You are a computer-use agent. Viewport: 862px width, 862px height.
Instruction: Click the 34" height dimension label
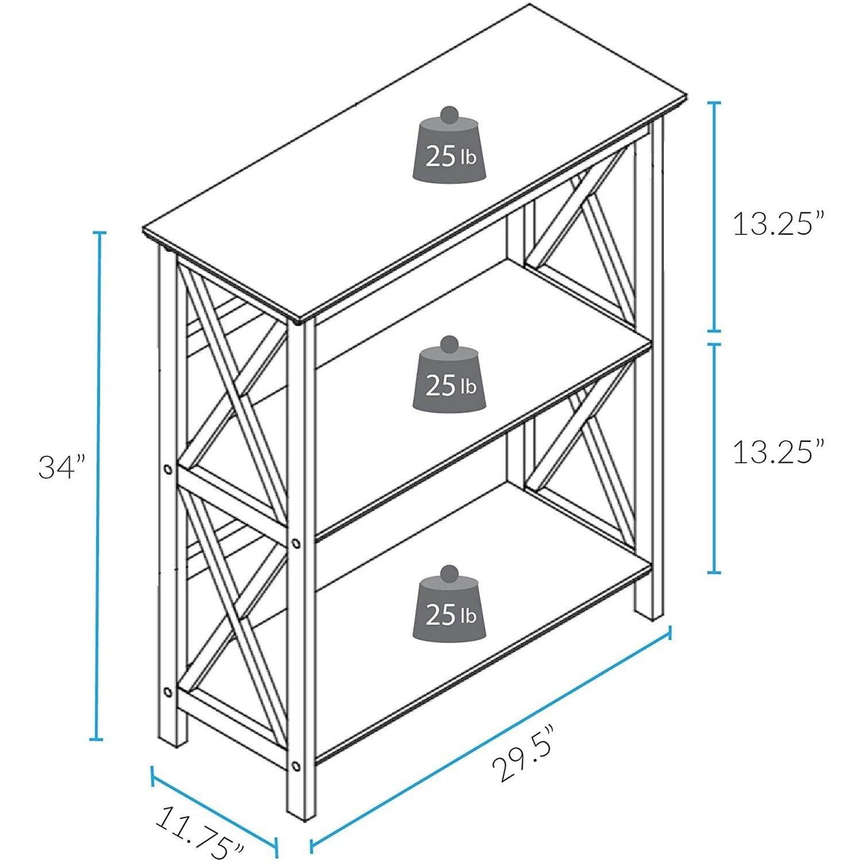(x=62, y=467)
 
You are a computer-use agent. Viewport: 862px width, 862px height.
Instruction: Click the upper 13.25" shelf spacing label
(x=778, y=224)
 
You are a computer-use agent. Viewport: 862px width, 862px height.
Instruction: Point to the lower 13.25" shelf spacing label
(x=778, y=452)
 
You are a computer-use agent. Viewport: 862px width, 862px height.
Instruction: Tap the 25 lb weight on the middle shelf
(x=450, y=379)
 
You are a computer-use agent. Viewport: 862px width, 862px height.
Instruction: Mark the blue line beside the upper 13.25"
(x=715, y=216)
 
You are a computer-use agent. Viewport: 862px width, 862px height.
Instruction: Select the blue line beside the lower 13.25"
(x=715, y=458)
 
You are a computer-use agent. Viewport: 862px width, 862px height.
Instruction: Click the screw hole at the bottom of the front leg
(x=296, y=765)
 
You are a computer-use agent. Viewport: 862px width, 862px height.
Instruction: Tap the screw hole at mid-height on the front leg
(x=296, y=543)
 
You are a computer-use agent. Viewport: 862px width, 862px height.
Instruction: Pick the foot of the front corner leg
(x=301, y=811)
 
